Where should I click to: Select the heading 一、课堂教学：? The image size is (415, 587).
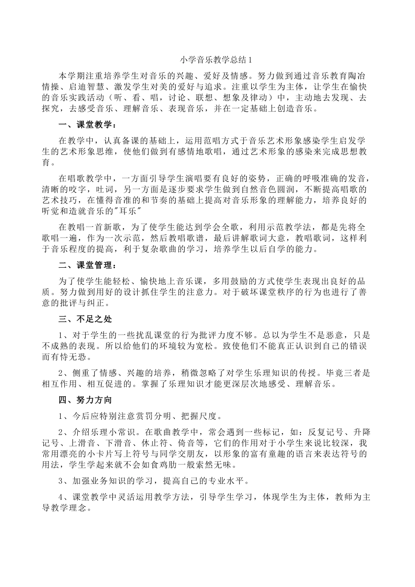(x=87, y=125)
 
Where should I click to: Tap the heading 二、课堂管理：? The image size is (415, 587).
(x=87, y=265)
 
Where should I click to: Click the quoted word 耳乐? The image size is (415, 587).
(x=129, y=211)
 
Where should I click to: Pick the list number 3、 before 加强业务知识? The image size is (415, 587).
(x=64, y=481)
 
